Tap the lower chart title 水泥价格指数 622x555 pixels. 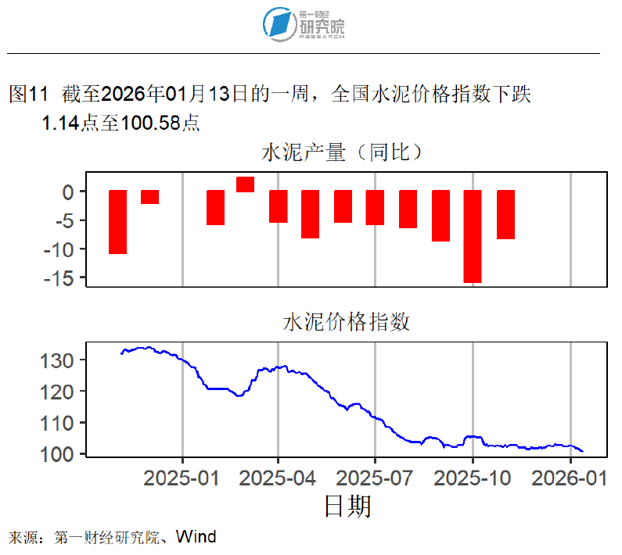point(346,323)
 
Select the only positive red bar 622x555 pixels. point(245,184)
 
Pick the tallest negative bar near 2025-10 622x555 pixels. point(473,236)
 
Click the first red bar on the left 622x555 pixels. point(117,222)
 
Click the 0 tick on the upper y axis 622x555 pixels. point(68,192)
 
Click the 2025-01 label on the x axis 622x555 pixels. point(182,477)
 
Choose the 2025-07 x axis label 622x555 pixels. point(375,477)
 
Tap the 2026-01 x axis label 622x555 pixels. point(570,477)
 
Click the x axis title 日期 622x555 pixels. point(347,507)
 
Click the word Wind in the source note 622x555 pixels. point(196,537)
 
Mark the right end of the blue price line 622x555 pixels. point(582,451)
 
